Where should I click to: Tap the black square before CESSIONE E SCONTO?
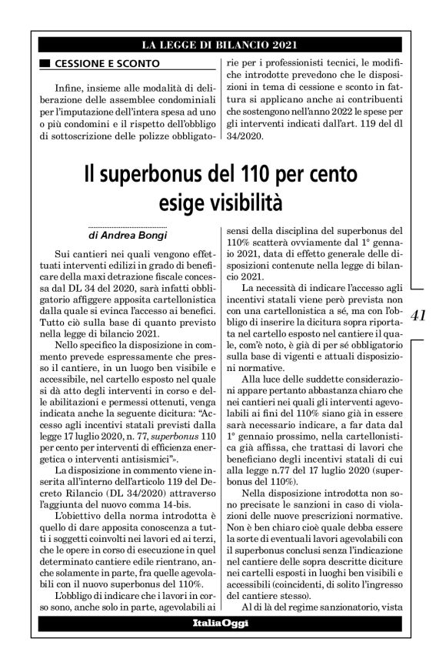pos(45,63)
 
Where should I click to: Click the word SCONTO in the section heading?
pos(138,63)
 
